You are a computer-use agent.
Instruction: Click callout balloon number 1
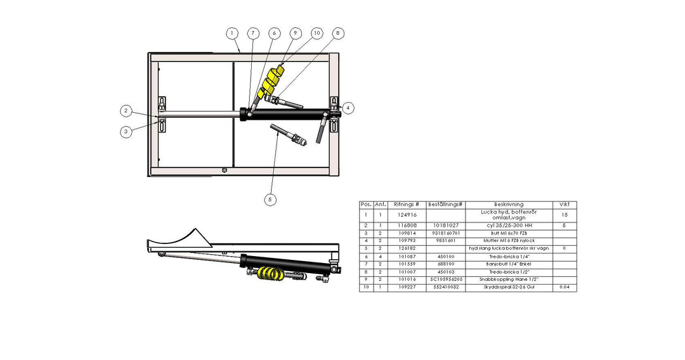pos(233,33)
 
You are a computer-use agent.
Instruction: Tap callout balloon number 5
pos(270,199)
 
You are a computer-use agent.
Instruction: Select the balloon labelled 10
pos(316,33)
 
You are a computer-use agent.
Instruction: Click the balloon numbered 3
pos(127,132)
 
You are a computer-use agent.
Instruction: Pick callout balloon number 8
pos(338,33)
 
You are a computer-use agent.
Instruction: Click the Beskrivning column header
pos(509,205)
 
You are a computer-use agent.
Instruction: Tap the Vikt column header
pos(564,205)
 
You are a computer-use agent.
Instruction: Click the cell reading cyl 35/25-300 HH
pos(509,225)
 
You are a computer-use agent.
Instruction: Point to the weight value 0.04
pos(564,287)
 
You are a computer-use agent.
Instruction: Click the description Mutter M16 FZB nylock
pos(509,241)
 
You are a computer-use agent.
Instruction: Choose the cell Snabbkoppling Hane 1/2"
pos(509,279)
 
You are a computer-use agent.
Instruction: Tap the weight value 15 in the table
pos(564,215)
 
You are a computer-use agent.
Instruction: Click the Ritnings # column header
pos(407,205)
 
